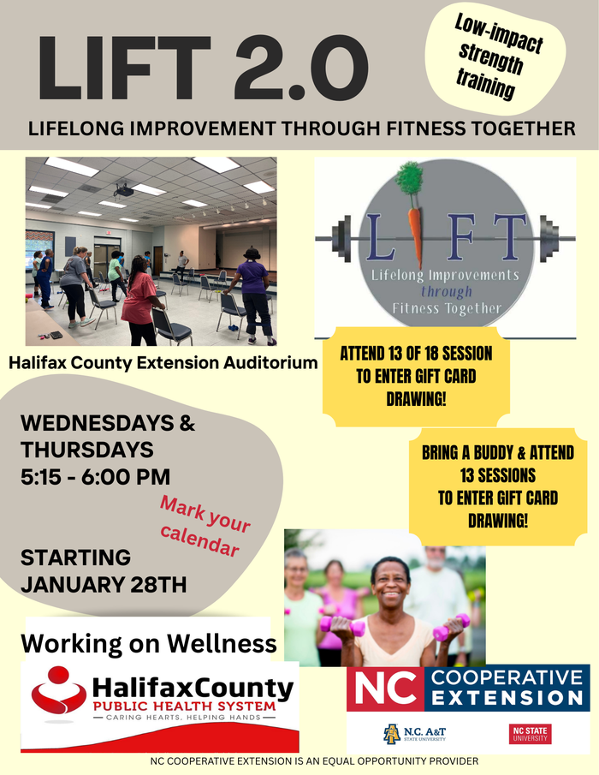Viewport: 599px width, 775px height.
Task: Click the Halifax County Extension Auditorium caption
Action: (x=163, y=363)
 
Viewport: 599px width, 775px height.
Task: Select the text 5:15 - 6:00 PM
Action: (x=95, y=477)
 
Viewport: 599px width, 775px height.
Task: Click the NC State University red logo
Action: (x=531, y=734)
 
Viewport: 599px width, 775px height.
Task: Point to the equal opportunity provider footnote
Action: (x=313, y=761)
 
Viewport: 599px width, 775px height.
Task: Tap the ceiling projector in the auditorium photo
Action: (x=123, y=190)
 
